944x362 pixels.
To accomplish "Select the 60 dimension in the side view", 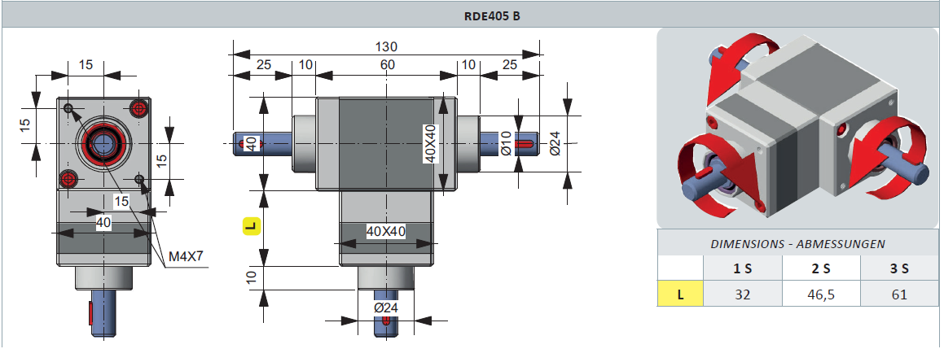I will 385,65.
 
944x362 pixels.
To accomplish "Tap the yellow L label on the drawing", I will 251,226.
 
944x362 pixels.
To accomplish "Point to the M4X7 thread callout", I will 185,258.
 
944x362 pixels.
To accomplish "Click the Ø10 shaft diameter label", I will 506,144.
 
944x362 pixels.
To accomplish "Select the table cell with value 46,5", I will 821,294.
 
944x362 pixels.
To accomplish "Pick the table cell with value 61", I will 899,294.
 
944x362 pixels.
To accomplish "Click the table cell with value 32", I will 742,294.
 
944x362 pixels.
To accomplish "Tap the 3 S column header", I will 899,268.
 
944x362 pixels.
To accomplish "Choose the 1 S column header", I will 742,268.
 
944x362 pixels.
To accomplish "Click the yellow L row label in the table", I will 680,294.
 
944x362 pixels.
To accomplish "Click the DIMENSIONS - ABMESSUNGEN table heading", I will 797,243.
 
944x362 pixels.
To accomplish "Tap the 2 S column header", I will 821,268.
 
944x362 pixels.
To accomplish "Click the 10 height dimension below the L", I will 252,277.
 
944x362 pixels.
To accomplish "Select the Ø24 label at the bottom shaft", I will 385,308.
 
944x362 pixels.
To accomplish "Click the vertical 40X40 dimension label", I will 429,144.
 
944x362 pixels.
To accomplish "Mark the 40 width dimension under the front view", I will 103,222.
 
